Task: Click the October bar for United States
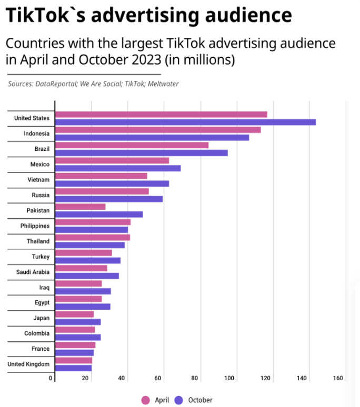pyautogui.click(x=185, y=122)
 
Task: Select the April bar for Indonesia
pyautogui.click(x=158, y=130)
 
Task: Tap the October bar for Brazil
pyautogui.click(x=142, y=153)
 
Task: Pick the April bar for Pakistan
pyautogui.click(x=81, y=207)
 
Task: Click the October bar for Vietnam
pyautogui.click(x=112, y=184)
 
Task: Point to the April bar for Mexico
pyautogui.click(x=112, y=160)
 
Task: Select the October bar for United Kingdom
pyautogui.click(x=73, y=368)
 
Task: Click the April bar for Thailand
pyautogui.click(x=93, y=237)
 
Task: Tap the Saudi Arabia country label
pyautogui.click(x=33, y=272)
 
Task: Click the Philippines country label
pyautogui.click(x=35, y=226)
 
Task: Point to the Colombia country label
pyautogui.click(x=37, y=333)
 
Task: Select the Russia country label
pyautogui.click(x=41, y=195)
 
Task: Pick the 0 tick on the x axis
pyautogui.click(x=52, y=378)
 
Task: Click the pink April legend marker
pyautogui.click(x=146, y=400)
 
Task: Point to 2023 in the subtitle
pyautogui.click(x=141, y=59)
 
